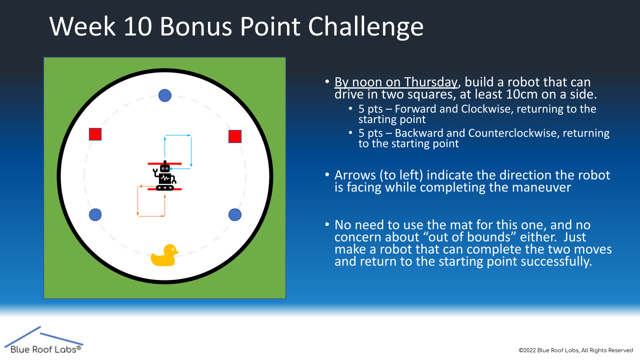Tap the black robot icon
pos(165,175)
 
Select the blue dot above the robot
pos(165,95)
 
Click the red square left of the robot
pos(95,134)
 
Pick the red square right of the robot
pos(235,136)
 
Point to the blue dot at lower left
pos(95,214)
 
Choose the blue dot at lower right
pos(235,215)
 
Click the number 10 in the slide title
pos(137,26)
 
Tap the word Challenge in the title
pos(365,27)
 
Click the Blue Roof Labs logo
pos(43,340)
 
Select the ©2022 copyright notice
pos(575,350)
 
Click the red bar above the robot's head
pos(164,163)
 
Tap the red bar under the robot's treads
pos(164,189)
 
